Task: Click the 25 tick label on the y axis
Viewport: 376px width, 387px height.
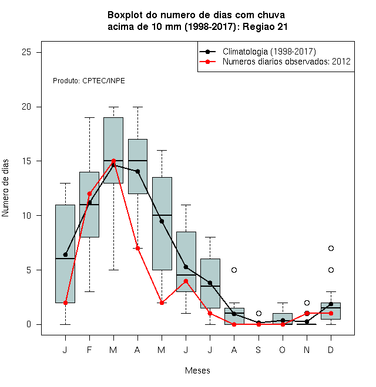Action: (x=26, y=52)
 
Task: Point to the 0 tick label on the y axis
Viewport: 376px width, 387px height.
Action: (x=29, y=324)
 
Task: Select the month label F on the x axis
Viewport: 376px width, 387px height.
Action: (x=89, y=350)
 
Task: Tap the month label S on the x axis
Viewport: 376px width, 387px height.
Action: (x=258, y=350)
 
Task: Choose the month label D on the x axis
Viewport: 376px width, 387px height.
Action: (x=331, y=350)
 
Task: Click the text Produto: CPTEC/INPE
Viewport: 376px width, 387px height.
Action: (x=89, y=81)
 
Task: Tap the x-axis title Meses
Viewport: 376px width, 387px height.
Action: (x=197, y=371)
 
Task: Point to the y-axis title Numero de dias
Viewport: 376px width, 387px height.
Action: (x=5, y=188)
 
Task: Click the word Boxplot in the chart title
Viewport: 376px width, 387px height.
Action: (x=125, y=15)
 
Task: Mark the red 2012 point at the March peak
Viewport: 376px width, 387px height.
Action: (x=113, y=161)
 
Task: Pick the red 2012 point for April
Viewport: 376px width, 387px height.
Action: (x=138, y=248)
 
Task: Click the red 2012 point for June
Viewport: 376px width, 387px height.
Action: (x=186, y=281)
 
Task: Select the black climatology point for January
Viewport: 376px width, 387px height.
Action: (x=65, y=254)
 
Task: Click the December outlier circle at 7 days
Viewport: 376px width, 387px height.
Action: (x=331, y=248)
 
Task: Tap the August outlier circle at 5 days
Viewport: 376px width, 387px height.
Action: (x=234, y=270)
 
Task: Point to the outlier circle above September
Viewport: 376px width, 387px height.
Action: (x=258, y=314)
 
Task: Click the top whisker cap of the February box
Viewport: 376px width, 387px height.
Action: (x=89, y=118)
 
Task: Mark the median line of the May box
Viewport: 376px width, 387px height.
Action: (x=162, y=215)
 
